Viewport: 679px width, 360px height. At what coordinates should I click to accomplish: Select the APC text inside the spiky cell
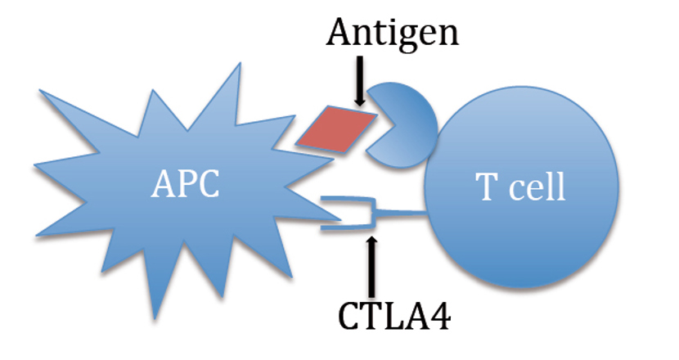click(185, 186)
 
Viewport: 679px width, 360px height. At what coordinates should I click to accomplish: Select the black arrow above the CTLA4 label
click(374, 265)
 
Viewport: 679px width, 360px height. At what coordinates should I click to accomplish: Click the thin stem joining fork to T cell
click(401, 214)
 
